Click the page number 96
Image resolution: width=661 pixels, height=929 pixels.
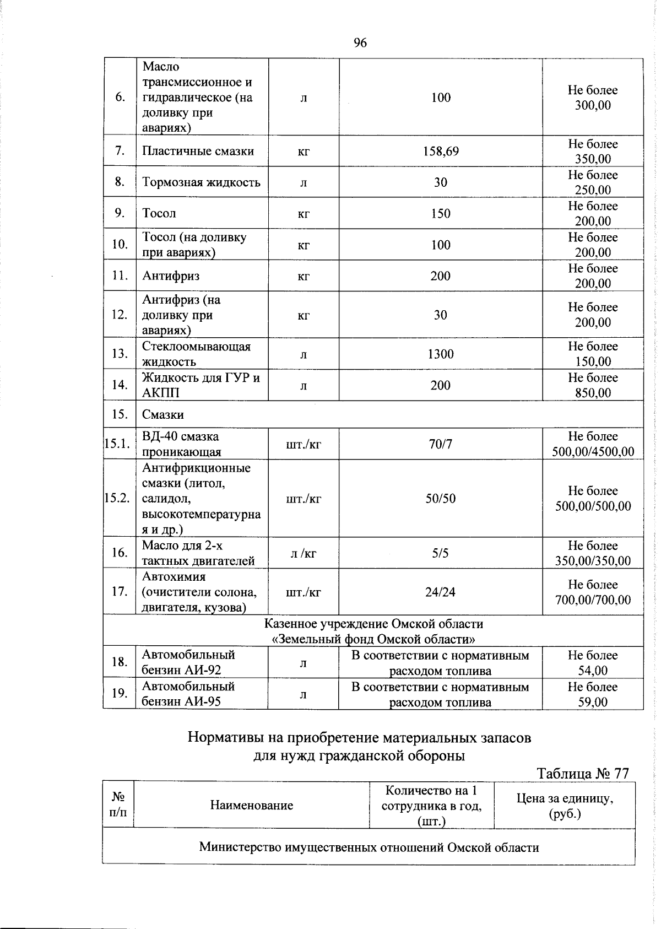360,43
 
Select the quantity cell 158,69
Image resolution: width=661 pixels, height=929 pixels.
441,151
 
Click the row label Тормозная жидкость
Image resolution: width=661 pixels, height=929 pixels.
201,182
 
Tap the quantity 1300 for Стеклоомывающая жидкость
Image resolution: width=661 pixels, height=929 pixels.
441,354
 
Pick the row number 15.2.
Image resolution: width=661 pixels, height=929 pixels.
117,498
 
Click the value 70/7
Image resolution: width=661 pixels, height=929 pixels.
441,444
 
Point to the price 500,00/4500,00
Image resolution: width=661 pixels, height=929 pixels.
593,452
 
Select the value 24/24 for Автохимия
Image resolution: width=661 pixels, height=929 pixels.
441,592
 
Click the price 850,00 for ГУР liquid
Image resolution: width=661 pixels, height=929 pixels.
593,393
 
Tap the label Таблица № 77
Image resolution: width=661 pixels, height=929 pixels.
582,774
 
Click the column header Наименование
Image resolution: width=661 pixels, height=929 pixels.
251,806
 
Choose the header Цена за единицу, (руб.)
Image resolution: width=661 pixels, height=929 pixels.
565,806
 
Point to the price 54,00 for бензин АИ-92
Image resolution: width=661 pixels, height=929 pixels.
593,671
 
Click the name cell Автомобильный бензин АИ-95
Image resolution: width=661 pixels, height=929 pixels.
188,694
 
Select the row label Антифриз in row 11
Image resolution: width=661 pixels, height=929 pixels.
171,276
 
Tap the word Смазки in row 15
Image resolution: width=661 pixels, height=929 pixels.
163,414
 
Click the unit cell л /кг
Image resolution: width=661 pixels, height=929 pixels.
304,553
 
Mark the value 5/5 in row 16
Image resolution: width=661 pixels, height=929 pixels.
441,553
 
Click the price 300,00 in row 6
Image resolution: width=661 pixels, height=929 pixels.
593,105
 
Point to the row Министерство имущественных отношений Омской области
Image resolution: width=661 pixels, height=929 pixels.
369,847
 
